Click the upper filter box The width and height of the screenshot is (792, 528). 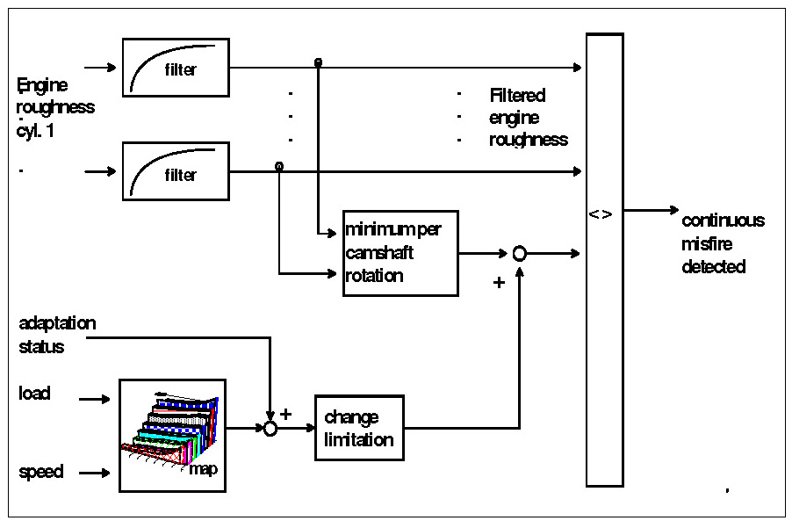coord(176,67)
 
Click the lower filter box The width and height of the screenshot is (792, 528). coord(176,171)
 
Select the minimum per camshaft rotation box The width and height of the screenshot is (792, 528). coord(400,253)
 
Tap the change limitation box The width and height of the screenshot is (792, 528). coord(359,428)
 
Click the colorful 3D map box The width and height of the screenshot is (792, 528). coord(172,436)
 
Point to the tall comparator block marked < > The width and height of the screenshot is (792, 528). coord(605,260)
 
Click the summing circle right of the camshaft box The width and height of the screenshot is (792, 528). coord(519,253)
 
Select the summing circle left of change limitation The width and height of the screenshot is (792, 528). coord(270,429)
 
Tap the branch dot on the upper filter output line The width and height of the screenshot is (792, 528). coord(318,62)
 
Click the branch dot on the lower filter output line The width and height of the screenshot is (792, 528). coord(279,166)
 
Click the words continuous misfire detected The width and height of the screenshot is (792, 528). coord(723,243)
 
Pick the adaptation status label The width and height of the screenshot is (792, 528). coord(57,335)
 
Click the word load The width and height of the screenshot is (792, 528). coord(34,393)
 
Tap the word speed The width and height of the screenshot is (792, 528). coord(41,472)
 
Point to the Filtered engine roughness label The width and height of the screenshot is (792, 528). coord(529,117)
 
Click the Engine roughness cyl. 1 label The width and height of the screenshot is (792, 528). coord(55,107)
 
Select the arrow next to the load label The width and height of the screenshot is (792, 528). coord(95,399)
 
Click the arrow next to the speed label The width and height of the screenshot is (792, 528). coord(95,473)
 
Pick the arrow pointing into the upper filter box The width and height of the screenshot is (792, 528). coord(100,67)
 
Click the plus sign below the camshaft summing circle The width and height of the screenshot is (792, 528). coord(499,282)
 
